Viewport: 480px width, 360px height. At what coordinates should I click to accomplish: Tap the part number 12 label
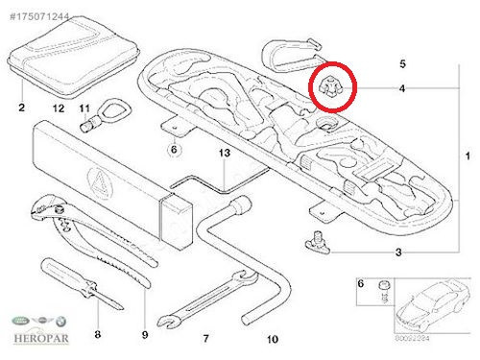pyautogui.click(x=58, y=108)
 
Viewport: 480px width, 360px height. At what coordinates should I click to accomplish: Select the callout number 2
pyautogui.click(x=21, y=108)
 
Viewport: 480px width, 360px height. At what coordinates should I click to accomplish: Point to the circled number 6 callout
pyautogui.click(x=174, y=149)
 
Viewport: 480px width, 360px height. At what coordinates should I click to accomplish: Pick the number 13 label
pyautogui.click(x=224, y=153)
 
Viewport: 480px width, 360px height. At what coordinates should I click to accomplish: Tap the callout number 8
pyautogui.click(x=97, y=334)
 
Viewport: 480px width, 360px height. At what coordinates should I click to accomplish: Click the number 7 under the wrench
pyautogui.click(x=204, y=338)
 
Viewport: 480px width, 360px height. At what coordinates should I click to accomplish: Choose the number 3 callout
pyautogui.click(x=397, y=252)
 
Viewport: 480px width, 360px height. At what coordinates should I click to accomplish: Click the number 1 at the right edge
pyautogui.click(x=468, y=156)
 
